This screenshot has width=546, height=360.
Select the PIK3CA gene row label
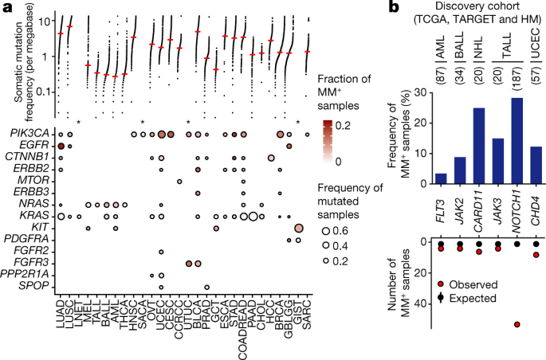[x=29, y=134]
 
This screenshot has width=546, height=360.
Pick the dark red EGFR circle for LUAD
[x=61, y=146]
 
